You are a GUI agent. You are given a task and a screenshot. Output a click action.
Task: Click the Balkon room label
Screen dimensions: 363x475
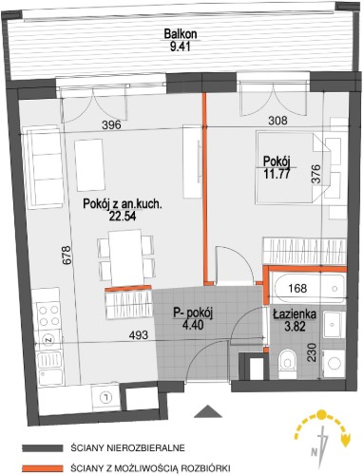[181, 34]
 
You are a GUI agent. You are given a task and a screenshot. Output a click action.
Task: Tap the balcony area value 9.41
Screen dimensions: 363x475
[180, 47]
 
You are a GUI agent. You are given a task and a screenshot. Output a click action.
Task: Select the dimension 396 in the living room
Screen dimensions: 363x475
[111, 124]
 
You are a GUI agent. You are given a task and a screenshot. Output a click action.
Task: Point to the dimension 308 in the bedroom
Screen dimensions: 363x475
[277, 121]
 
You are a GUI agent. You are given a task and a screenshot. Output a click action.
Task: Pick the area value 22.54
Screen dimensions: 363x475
[123, 216]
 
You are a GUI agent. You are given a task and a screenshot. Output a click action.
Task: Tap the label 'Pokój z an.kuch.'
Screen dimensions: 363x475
[123, 204]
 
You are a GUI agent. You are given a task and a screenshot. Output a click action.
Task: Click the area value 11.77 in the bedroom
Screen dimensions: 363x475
[277, 174]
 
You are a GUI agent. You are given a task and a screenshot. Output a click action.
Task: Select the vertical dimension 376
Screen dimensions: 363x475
[315, 174]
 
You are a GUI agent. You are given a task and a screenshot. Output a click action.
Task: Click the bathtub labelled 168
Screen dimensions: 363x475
[310, 289]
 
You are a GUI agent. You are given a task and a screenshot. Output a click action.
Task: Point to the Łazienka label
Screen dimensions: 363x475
[295, 314]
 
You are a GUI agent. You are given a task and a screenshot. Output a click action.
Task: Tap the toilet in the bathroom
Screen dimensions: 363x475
[288, 364]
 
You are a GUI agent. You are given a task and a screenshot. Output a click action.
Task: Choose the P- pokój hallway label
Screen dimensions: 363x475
[193, 313]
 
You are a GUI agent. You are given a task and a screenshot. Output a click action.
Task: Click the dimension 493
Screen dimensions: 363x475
[139, 334]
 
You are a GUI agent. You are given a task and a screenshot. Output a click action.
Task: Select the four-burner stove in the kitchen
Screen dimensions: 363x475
[49, 314]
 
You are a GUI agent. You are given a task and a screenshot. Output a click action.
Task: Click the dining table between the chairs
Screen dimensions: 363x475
[125, 258]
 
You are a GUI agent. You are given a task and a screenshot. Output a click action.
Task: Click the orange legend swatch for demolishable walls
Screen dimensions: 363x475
[43, 467]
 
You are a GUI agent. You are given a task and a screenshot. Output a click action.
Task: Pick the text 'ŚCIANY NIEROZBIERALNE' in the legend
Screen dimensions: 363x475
[128, 448]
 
